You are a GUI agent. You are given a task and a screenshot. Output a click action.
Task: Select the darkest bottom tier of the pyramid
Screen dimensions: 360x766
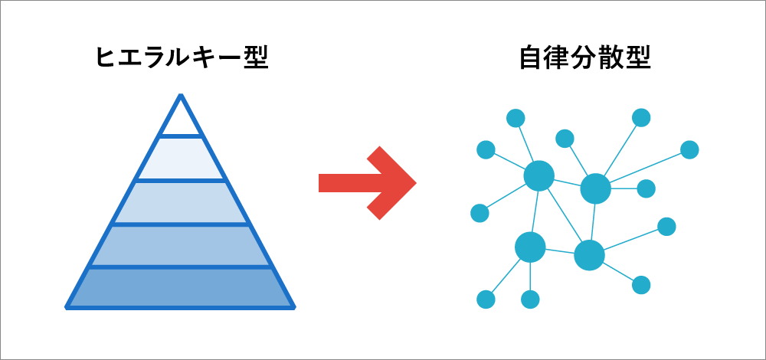coord(181,287)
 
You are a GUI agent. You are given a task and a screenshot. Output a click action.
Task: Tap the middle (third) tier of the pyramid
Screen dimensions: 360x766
coord(181,202)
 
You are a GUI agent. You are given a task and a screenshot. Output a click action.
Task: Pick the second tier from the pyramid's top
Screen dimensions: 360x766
coord(181,159)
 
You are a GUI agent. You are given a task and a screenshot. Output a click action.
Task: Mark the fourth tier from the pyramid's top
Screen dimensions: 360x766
coord(181,246)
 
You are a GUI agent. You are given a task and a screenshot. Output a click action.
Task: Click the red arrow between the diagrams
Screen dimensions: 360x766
coord(368,183)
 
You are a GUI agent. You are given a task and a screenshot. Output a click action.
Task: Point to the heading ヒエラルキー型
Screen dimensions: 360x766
coord(182,57)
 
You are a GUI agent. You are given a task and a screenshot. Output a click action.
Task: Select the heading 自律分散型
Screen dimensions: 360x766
coord(584,57)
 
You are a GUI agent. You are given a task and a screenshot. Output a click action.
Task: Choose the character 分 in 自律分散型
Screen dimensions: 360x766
coord(584,57)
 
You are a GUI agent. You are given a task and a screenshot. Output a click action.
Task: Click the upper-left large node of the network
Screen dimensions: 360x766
coord(539,175)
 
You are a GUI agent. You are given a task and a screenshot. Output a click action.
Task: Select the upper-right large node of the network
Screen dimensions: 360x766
coord(595,188)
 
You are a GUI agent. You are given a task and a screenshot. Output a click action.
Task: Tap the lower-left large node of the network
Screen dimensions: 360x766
coord(530,247)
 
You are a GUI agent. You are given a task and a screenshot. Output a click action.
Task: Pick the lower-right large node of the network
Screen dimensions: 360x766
coord(589,255)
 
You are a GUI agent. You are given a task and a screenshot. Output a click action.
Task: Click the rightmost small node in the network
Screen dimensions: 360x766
coord(689,149)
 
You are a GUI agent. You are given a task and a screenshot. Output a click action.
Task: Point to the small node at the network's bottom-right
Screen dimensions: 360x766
coord(641,285)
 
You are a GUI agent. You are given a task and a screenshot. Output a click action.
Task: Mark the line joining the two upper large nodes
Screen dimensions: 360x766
coord(567,182)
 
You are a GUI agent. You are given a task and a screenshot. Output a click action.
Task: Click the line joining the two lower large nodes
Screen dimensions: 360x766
coord(560,251)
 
